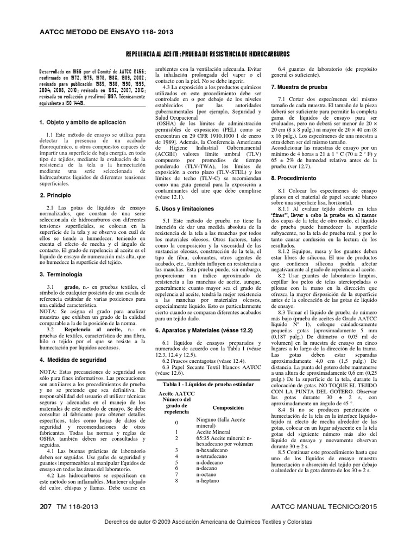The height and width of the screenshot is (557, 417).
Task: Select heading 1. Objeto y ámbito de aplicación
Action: (83, 122)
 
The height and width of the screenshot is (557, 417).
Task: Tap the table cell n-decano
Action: (209, 466)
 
